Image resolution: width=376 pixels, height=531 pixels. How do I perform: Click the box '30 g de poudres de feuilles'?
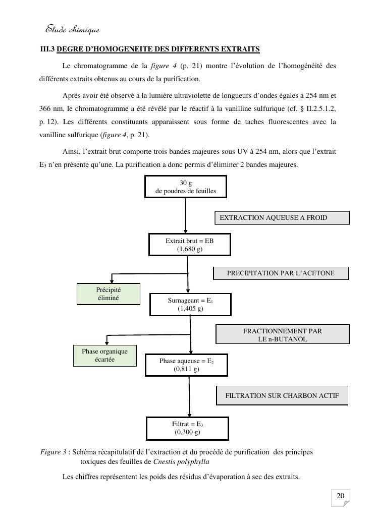click(186, 187)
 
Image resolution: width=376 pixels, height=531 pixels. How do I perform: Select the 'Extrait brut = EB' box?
click(189, 245)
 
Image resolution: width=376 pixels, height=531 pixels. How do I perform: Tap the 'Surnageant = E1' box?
click(190, 304)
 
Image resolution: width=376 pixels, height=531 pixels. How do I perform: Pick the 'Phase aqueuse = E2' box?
click(186, 365)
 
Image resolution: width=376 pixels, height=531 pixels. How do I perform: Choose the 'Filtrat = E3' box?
click(187, 428)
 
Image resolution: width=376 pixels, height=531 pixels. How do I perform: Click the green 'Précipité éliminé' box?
click(109, 294)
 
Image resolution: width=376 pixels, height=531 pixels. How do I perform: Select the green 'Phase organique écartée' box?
click(105, 355)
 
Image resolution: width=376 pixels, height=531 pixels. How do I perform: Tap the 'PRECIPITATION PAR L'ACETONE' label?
click(281, 273)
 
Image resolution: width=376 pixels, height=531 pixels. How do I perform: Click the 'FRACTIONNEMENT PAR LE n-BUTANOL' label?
click(283, 335)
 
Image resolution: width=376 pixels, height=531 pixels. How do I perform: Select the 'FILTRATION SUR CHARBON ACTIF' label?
click(282, 396)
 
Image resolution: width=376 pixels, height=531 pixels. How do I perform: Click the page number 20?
click(341, 496)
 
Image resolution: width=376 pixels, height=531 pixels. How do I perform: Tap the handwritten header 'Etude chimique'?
click(73, 30)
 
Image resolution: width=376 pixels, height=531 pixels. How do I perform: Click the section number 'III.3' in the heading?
click(47, 49)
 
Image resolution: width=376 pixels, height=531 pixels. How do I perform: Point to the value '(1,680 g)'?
click(189, 249)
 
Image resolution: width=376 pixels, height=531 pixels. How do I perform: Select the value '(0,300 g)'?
click(187, 432)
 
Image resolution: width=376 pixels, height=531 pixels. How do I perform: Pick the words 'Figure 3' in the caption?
click(53, 452)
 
